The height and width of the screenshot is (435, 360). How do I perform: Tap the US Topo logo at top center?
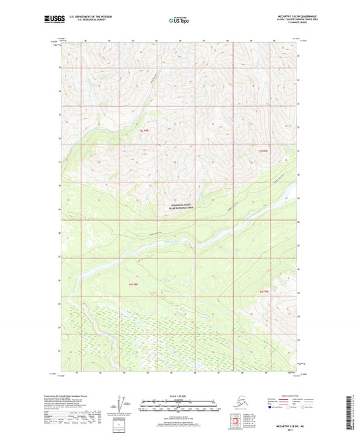pyautogui.click(x=178, y=20)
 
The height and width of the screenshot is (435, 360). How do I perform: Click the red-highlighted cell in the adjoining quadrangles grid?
pyautogui.click(x=237, y=424)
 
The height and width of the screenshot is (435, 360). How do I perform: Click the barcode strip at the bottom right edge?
pyautogui.click(x=354, y=413)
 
